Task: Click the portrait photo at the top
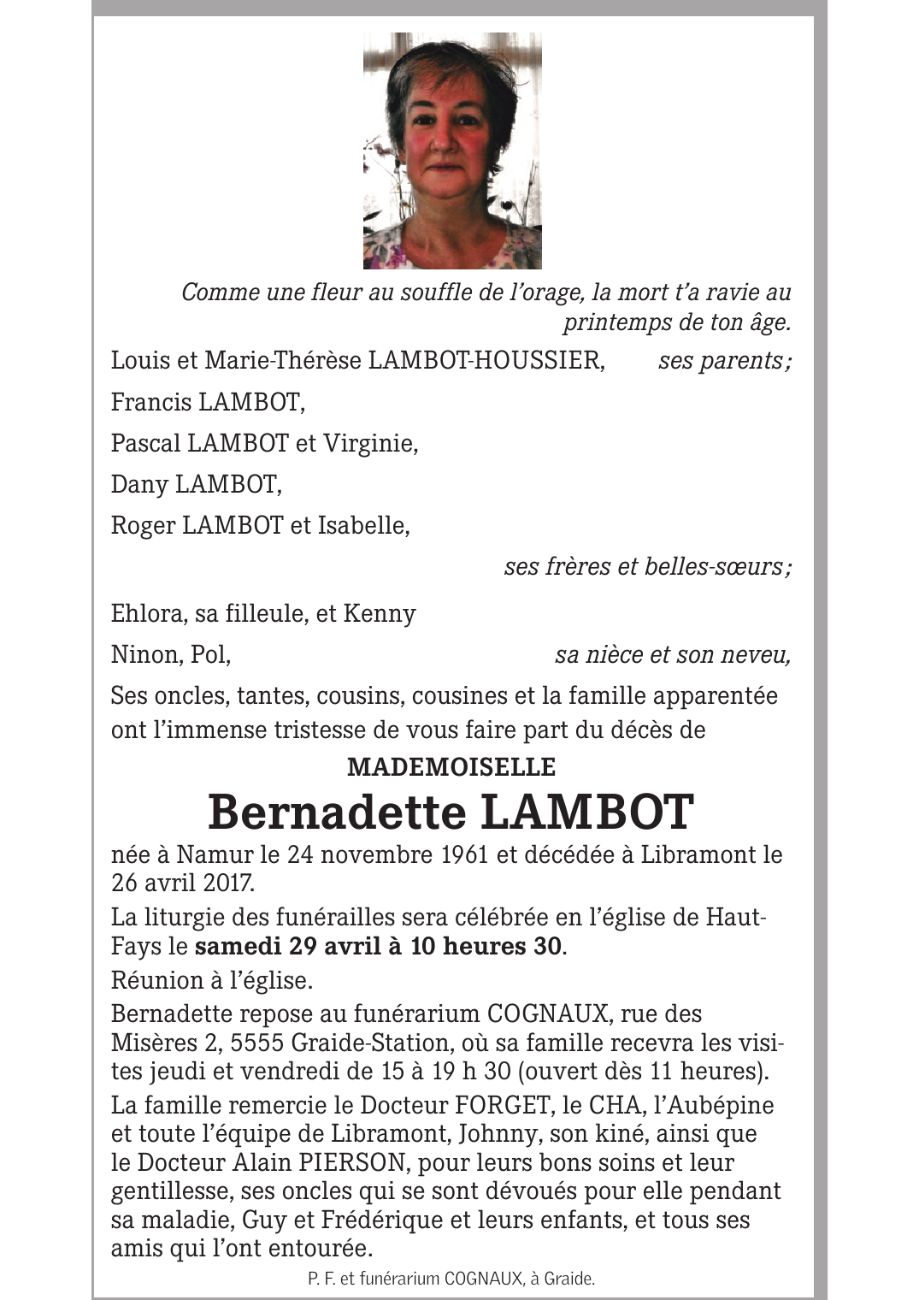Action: (452, 151)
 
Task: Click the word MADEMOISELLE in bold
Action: (451, 766)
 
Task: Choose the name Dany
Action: (139, 485)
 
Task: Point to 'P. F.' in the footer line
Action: (320, 1279)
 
